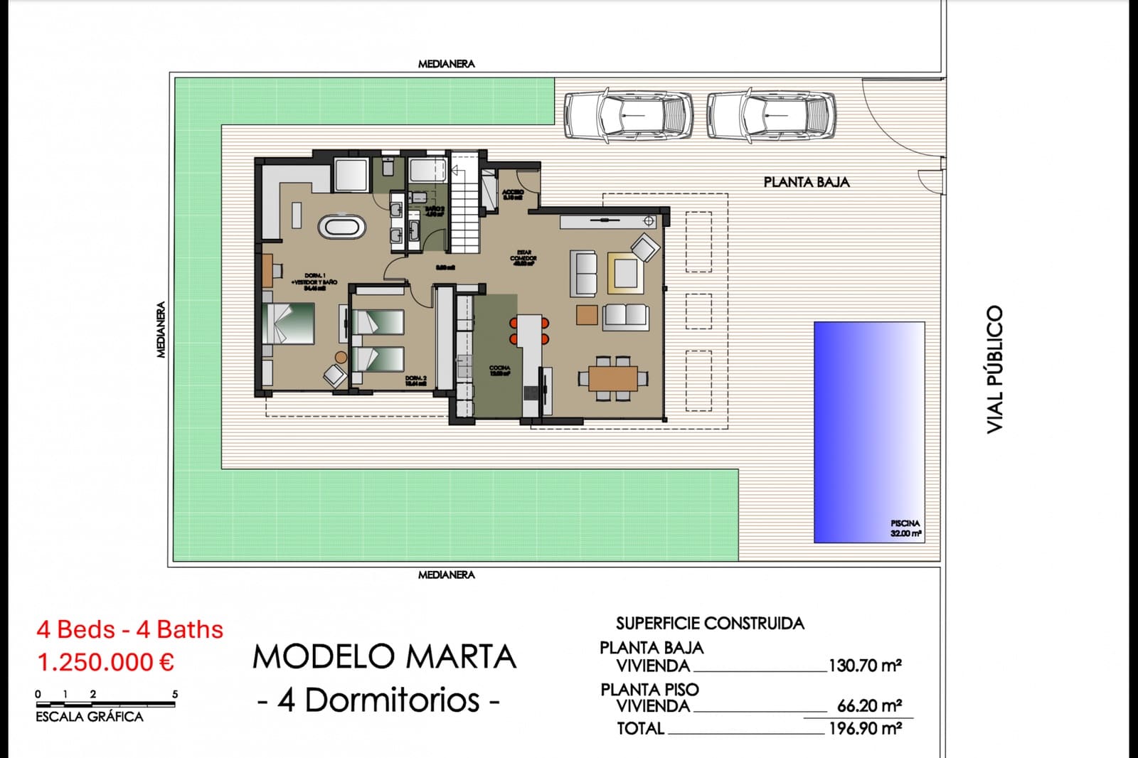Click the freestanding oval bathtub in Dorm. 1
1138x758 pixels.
point(341,228)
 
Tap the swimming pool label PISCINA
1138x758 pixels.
point(905,523)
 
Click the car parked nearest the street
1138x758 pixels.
point(771,114)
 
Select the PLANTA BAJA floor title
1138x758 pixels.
point(807,182)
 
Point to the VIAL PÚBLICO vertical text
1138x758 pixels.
point(995,369)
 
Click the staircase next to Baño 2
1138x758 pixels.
point(467,213)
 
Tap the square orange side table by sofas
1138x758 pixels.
point(587,314)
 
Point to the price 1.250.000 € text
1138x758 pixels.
point(105,662)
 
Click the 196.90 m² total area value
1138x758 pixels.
point(865,729)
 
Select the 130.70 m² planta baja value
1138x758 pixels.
point(865,666)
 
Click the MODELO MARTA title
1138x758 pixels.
point(384,657)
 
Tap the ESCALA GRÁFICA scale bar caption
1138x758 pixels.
point(90,717)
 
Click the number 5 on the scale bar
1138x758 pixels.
point(175,694)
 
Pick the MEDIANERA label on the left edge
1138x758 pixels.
point(161,329)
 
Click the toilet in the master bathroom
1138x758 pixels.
point(388,167)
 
